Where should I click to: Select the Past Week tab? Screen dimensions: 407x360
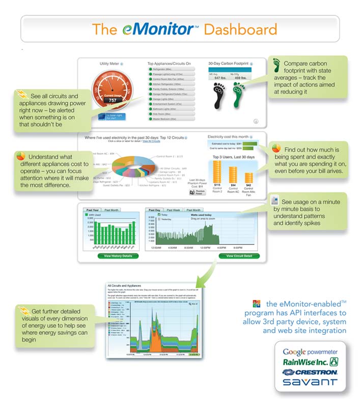pos(173,210)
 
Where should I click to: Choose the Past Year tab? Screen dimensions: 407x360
pos(92,210)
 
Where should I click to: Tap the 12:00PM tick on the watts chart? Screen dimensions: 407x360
pos(206,248)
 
